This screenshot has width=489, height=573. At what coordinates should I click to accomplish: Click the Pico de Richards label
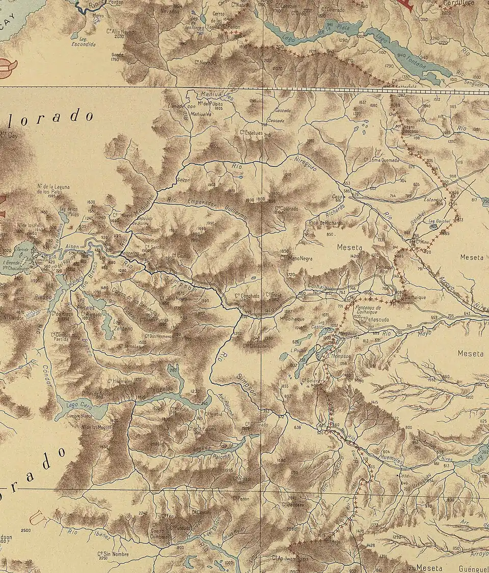pos(325,223)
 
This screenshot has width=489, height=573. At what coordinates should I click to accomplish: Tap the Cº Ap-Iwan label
pos(285,558)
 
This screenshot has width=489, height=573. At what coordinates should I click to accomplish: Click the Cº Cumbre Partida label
pos(64,336)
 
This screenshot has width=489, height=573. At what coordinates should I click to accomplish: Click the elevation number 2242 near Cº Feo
pos(143,513)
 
